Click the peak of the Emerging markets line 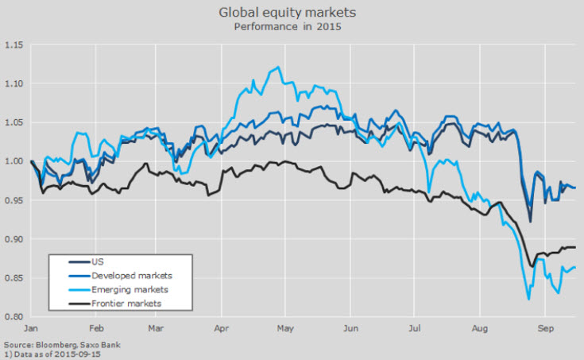[x=277, y=68]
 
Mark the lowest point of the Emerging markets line [x=528, y=299]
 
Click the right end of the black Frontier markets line [x=575, y=247]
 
